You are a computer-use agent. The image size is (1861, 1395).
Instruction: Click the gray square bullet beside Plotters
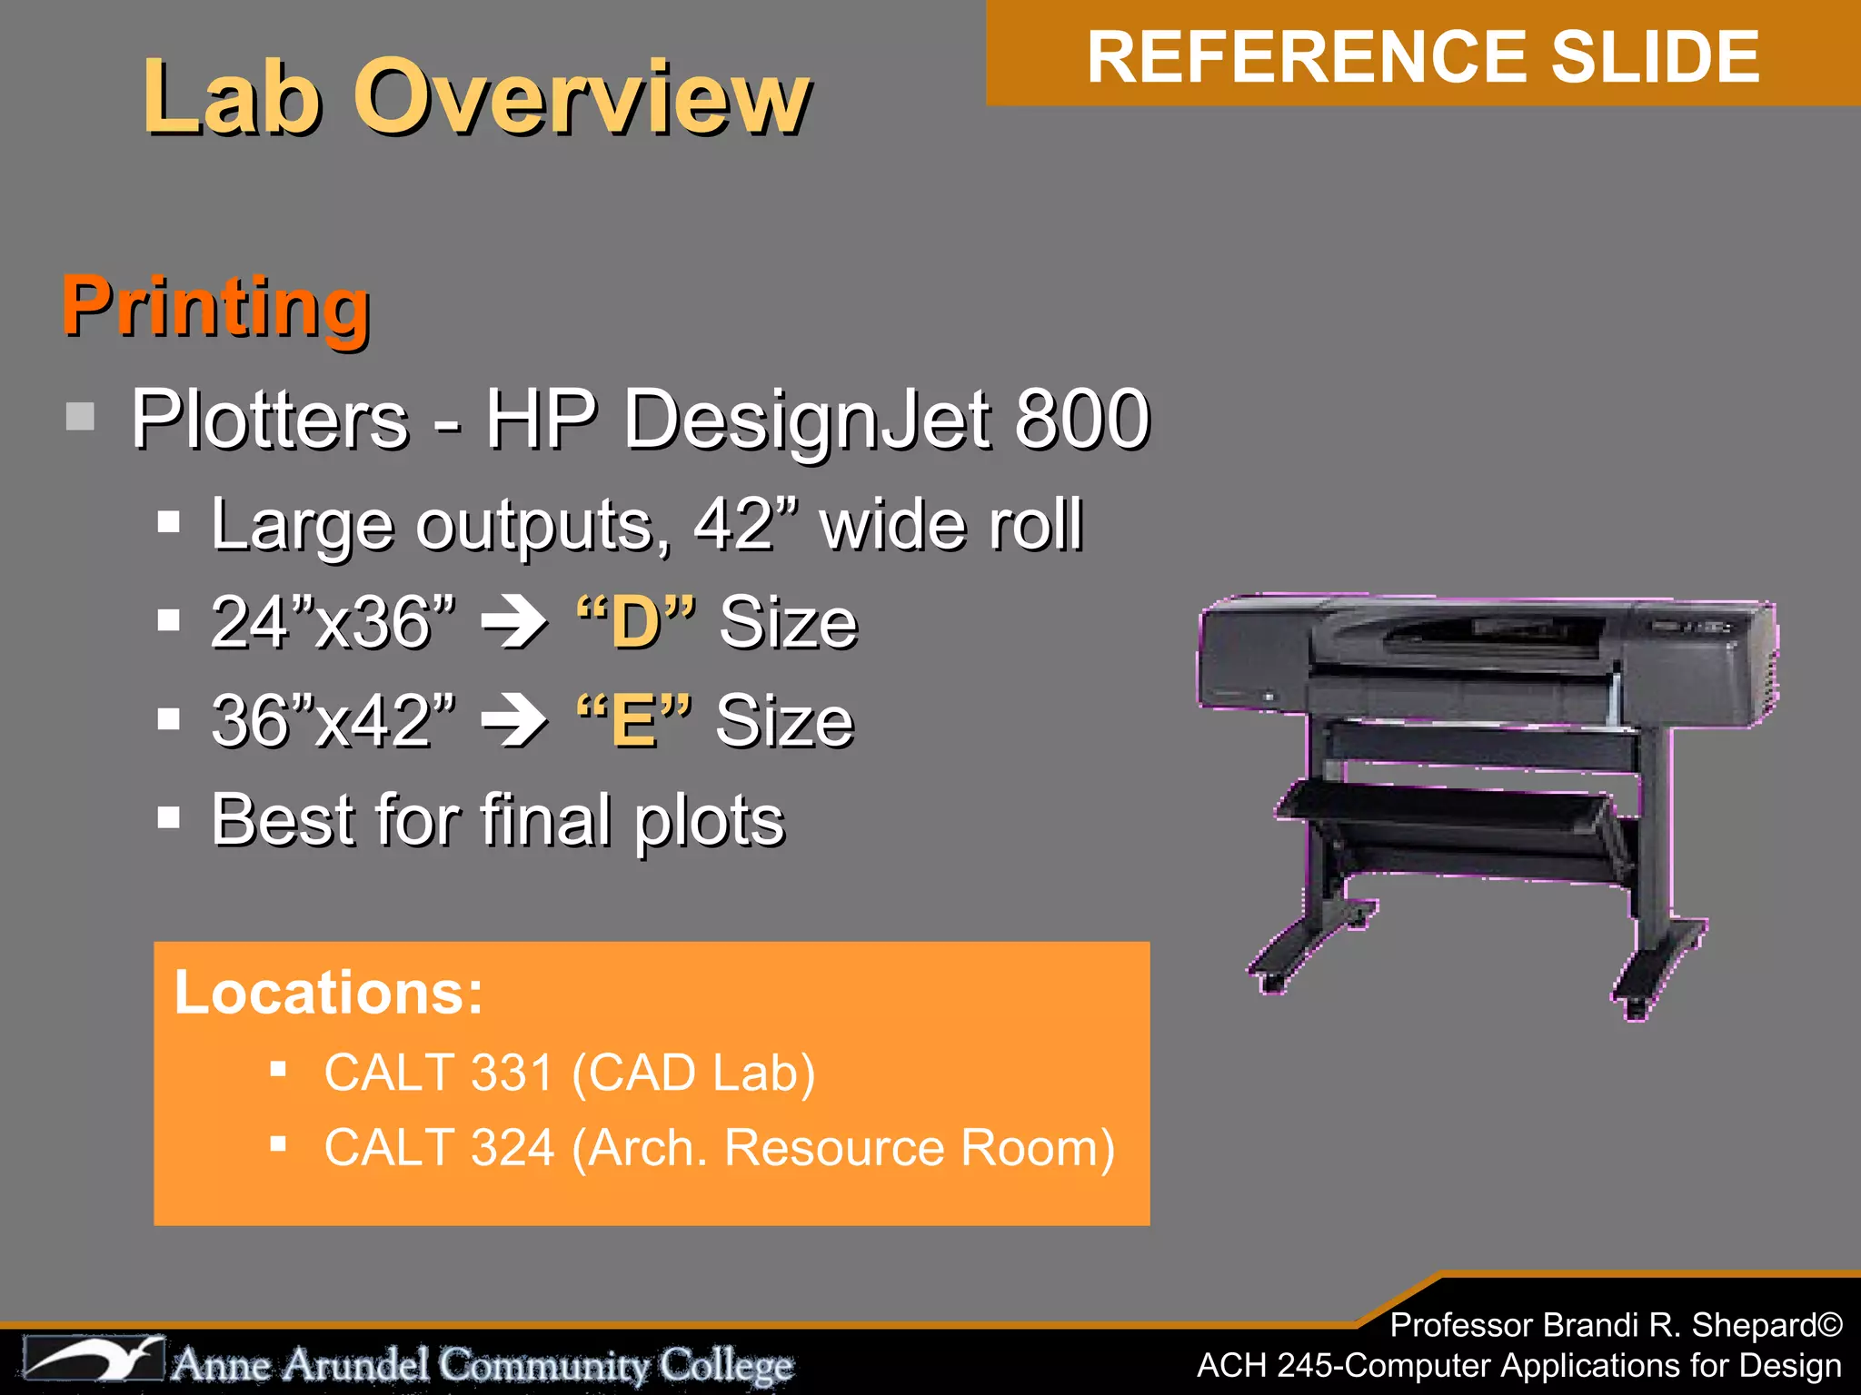coord(81,417)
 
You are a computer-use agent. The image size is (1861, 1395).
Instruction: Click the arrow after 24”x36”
coord(514,622)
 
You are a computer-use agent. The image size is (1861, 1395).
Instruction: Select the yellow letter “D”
coord(635,623)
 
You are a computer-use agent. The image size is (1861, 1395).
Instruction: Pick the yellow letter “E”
coord(634,721)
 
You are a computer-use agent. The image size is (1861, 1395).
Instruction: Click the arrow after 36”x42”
coord(514,721)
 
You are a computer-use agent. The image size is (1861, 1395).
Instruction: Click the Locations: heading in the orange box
coord(328,992)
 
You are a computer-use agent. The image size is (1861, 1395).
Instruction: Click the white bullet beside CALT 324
coord(278,1144)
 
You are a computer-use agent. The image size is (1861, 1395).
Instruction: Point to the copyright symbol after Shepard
coord(1829,1325)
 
